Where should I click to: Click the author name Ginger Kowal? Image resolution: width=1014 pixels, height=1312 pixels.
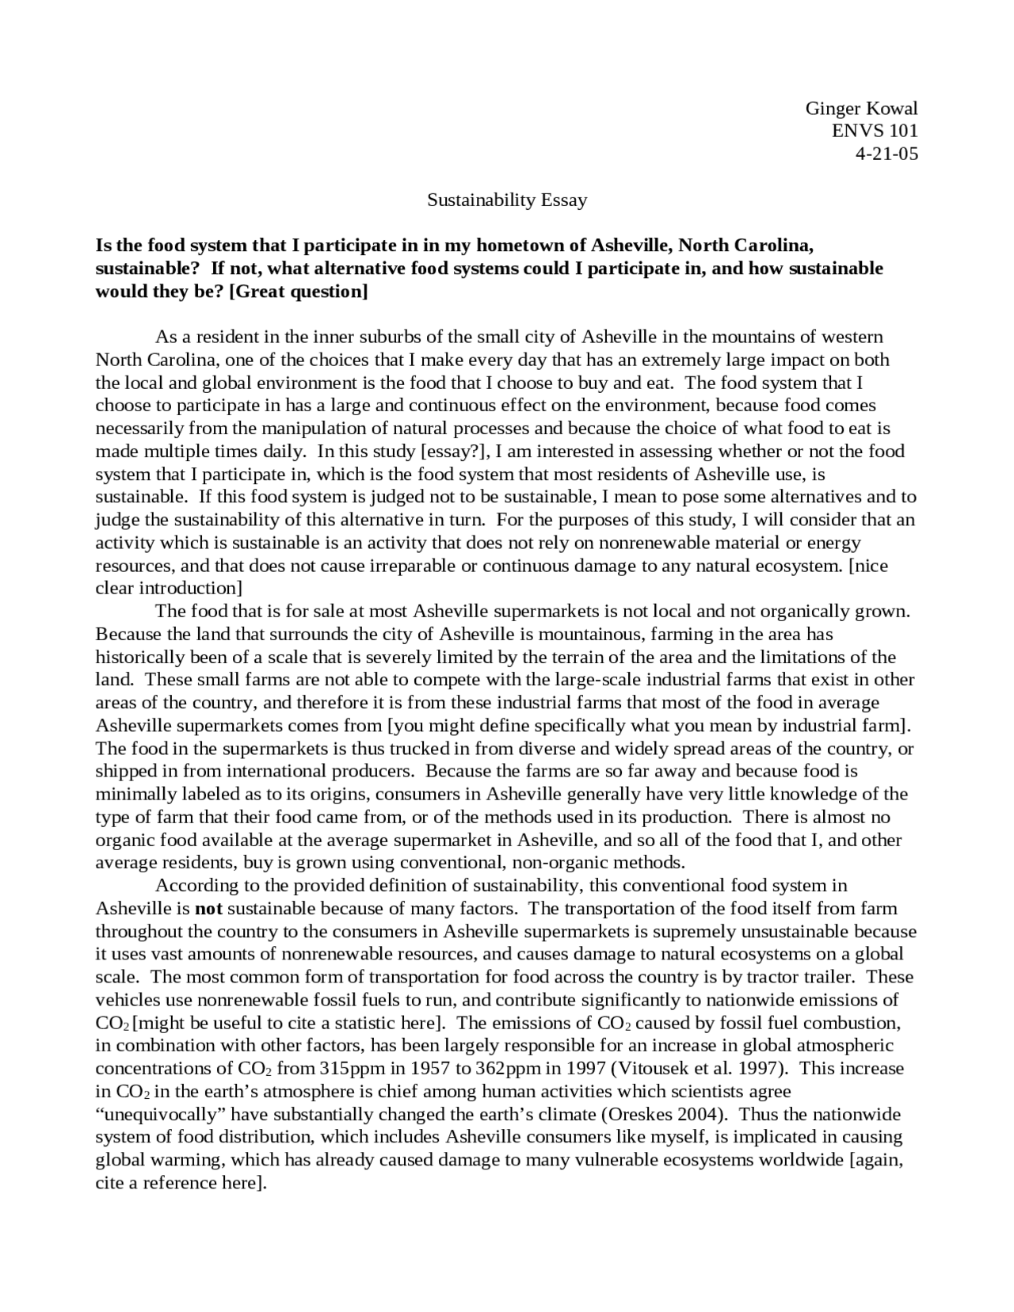click(x=861, y=109)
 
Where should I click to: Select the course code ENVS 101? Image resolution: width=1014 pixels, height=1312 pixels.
click(x=875, y=132)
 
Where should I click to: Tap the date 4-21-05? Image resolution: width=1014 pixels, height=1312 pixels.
click(x=886, y=154)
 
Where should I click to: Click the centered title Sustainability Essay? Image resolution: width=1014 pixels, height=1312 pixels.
click(x=507, y=200)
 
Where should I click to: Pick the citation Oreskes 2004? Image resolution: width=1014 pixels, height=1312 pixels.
click(x=665, y=1115)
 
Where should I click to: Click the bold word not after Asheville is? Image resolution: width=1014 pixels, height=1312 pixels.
click(x=208, y=909)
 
